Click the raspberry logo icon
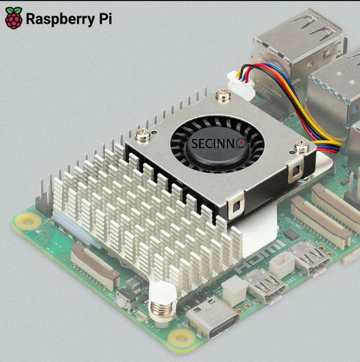click(14, 19)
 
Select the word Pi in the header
click(103, 19)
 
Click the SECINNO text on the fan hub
click(213, 143)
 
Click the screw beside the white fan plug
click(223, 95)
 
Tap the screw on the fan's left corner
click(142, 136)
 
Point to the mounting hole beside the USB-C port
click(181, 338)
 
